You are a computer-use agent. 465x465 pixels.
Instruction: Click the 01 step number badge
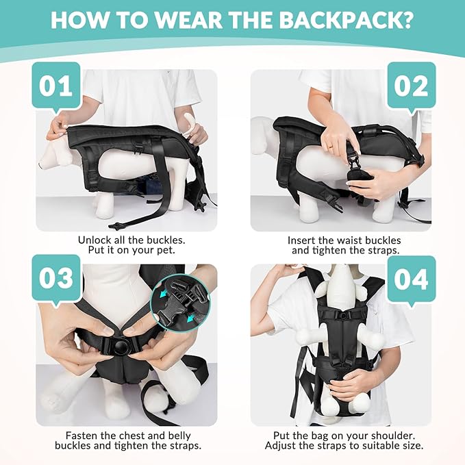56,87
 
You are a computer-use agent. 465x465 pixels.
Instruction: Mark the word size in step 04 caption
409,445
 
